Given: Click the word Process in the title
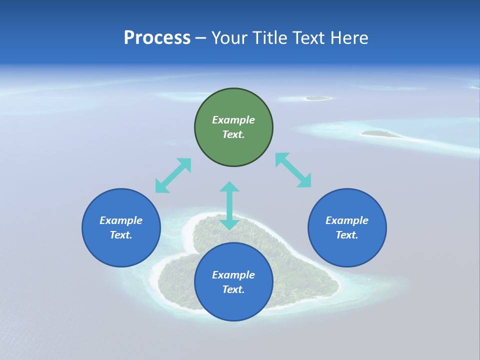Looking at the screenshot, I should (157, 38).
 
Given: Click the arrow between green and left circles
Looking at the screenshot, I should (173, 175).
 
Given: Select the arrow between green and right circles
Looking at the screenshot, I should (293, 170).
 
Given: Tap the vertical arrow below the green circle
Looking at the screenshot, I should (229, 205).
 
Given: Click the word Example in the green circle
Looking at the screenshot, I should (233, 120).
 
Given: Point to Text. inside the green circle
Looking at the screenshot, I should (233, 134).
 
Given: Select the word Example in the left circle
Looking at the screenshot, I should (121, 220).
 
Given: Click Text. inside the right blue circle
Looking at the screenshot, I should (347, 235).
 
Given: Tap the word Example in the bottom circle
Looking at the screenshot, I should (233, 275).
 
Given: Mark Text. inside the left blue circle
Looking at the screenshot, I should (121, 235).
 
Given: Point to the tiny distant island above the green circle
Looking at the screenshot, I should (317, 98).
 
